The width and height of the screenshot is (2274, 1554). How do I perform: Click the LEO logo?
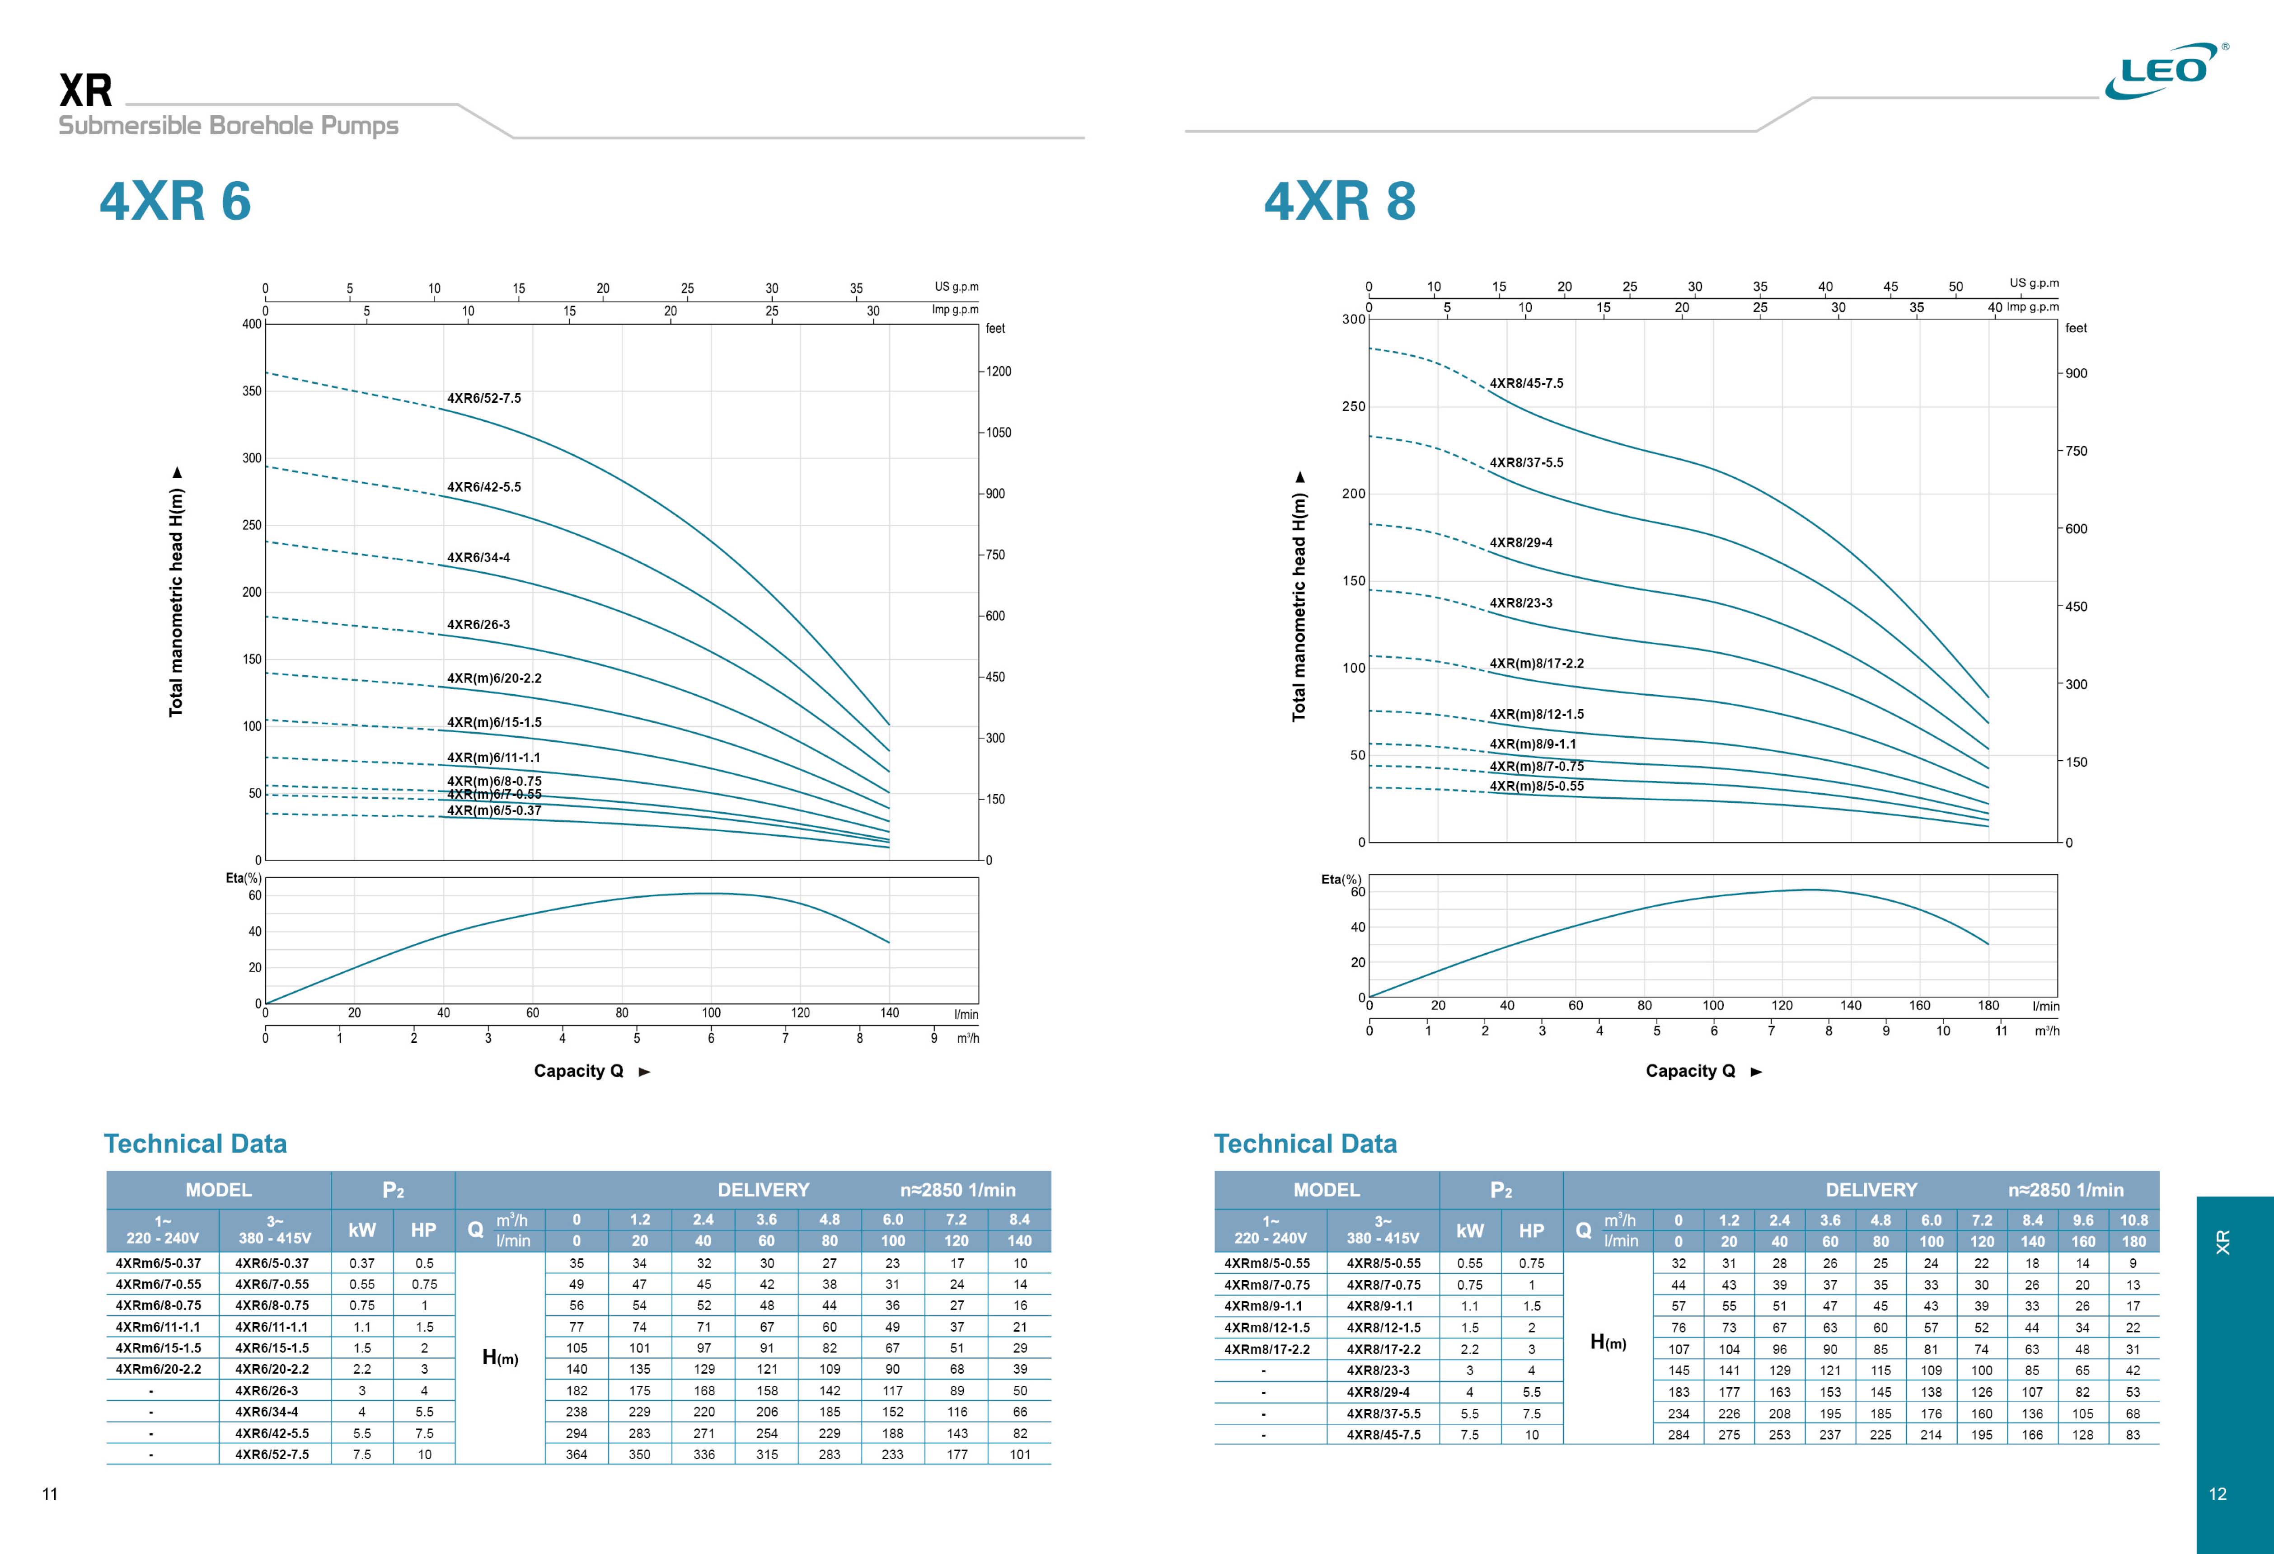coord(2164,71)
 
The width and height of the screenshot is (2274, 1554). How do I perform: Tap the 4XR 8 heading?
coord(1340,202)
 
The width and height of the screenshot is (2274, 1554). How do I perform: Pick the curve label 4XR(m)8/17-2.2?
coord(1536,664)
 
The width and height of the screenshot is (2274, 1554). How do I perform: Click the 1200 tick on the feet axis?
coord(998,372)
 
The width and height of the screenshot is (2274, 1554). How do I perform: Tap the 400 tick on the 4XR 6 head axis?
coord(252,324)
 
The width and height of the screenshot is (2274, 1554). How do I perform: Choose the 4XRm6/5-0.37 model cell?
coord(159,1263)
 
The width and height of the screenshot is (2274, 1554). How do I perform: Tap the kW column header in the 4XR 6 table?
coord(362,1230)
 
